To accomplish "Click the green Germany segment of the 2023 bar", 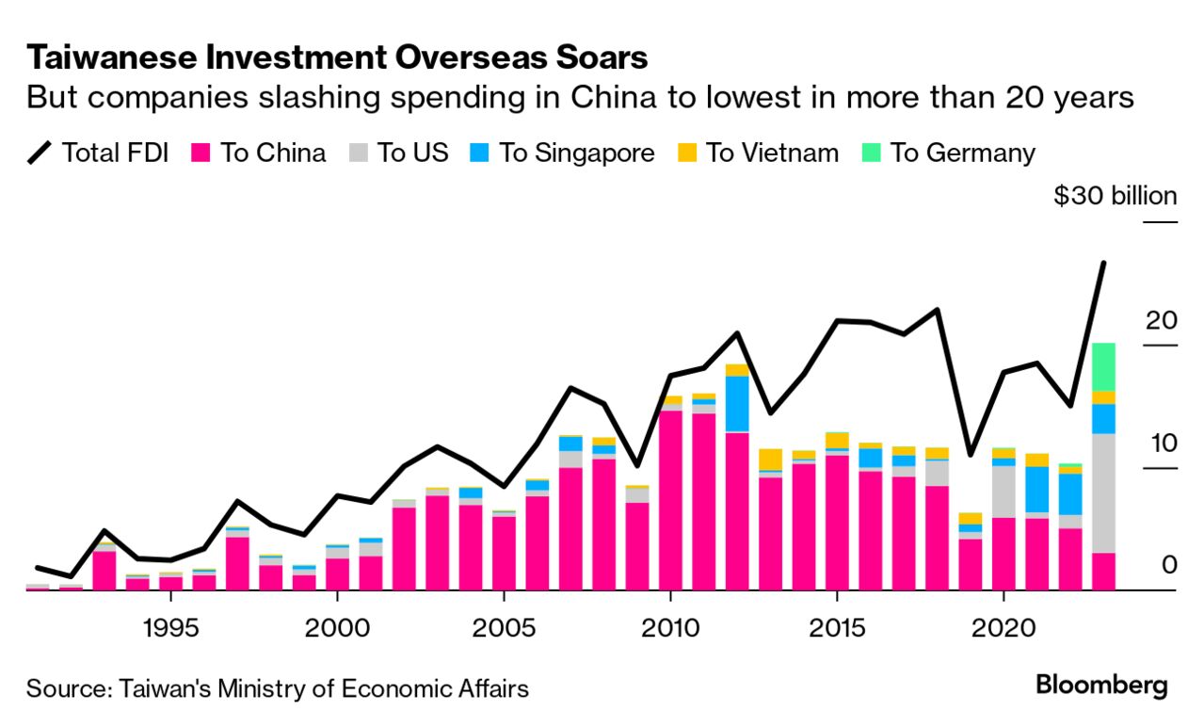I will (1103, 366).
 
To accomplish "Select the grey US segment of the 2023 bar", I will (1103, 493).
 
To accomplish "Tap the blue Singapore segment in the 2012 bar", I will (737, 403).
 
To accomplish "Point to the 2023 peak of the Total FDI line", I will (1103, 263).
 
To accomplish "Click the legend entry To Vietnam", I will (758, 153).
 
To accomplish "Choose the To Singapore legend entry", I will (562, 153).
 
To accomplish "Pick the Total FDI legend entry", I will (99, 153).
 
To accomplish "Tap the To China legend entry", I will (259, 153).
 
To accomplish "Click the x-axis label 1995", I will (171, 628).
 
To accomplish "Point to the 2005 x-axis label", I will (504, 628).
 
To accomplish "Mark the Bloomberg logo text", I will (1101, 686).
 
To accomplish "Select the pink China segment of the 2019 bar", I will (971, 564).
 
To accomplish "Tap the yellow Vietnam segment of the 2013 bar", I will (771, 459).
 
